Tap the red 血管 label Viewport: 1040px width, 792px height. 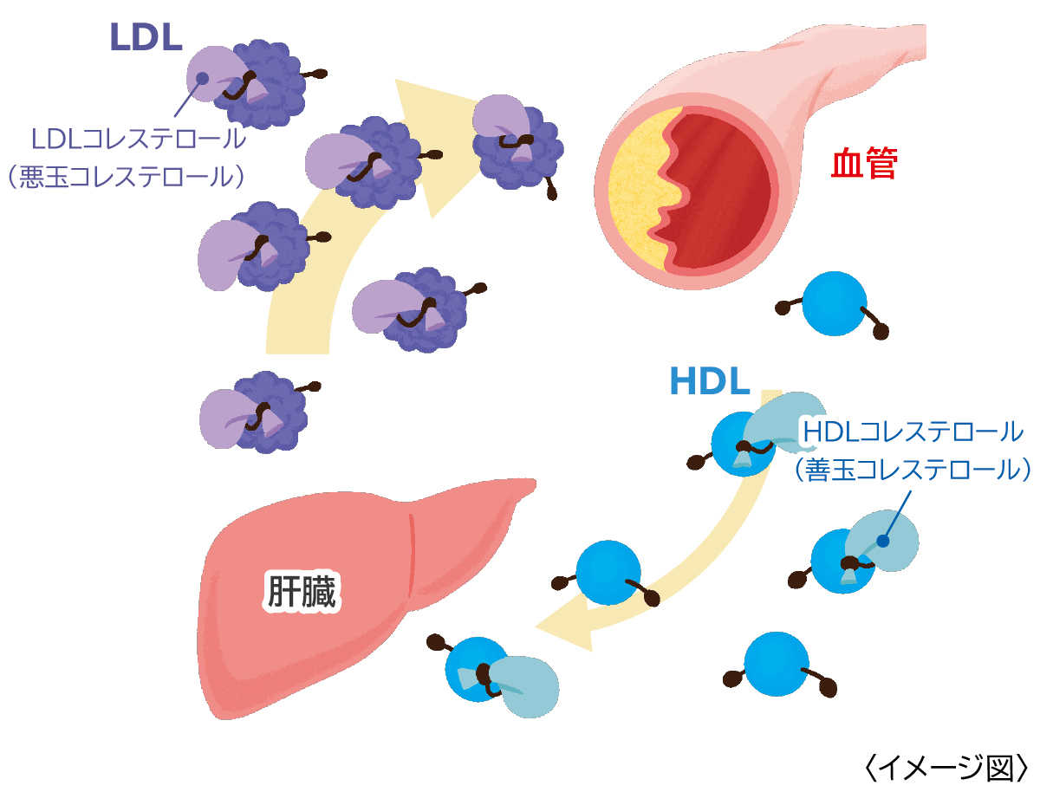point(863,165)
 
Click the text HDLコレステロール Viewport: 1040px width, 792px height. point(912,430)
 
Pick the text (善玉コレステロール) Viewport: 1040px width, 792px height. point(912,468)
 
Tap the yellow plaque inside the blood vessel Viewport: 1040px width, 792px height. point(637,191)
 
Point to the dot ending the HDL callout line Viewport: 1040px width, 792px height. point(882,541)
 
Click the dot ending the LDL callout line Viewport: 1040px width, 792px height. point(201,78)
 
